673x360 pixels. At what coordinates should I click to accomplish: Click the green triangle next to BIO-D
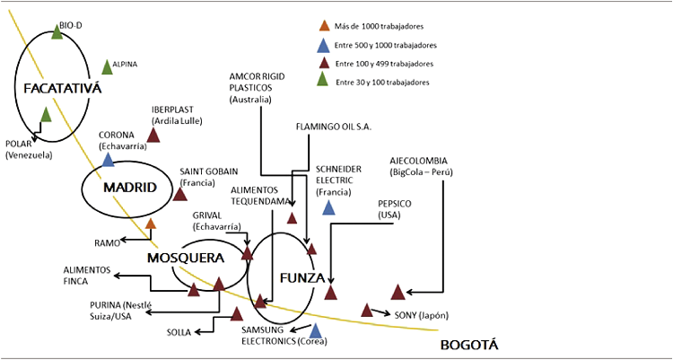pos(57,32)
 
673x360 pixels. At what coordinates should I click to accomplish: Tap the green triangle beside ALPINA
pos(107,66)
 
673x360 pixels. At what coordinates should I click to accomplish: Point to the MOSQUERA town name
pos(185,258)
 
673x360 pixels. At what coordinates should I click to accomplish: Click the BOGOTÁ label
pos(468,346)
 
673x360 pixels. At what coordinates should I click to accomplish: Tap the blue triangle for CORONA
pos(109,161)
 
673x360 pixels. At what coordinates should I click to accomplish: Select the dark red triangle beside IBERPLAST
pos(153,136)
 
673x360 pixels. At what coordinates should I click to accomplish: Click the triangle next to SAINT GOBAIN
pos(179,194)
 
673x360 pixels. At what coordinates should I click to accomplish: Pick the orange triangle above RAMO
pos(151,224)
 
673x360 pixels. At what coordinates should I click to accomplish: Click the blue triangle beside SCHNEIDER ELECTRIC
pos(329,208)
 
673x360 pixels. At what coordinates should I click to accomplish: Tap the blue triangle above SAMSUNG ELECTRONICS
pos(315,330)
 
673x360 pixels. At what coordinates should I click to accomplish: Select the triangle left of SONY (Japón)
pos(367,310)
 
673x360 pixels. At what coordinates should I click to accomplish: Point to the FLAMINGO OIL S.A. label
pos(333,127)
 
